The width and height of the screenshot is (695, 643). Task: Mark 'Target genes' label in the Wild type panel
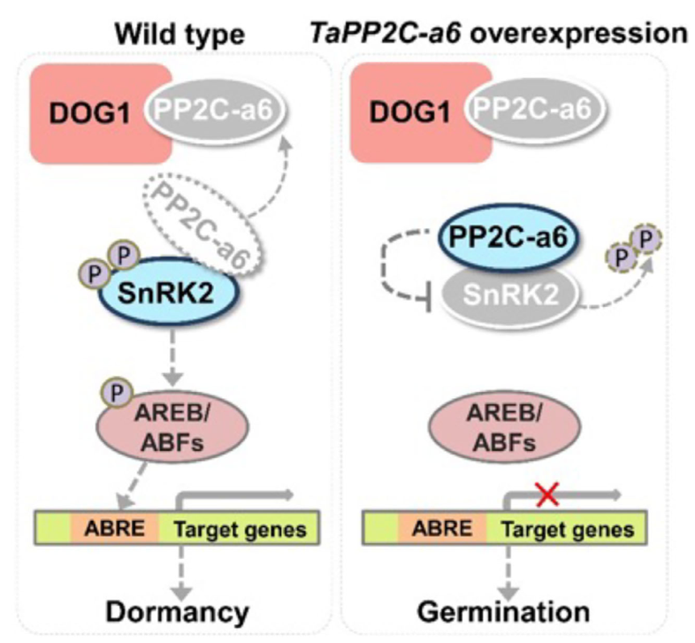(240, 529)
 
